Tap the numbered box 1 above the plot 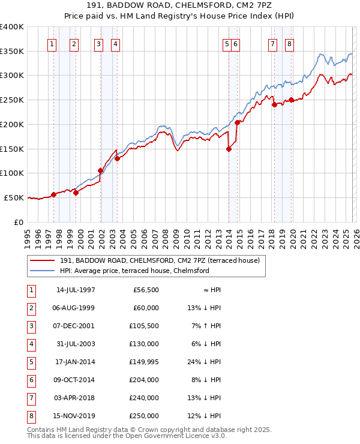click(52, 43)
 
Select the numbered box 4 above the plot click(114, 43)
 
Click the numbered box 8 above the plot click(289, 43)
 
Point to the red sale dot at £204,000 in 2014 click(237, 122)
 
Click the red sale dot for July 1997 click(53, 194)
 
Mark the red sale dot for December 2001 click(100, 170)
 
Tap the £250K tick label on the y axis click(12, 100)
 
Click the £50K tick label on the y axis click(14, 197)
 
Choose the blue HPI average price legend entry click(134, 271)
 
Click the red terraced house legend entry click(160, 261)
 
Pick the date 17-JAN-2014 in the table click(76, 362)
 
